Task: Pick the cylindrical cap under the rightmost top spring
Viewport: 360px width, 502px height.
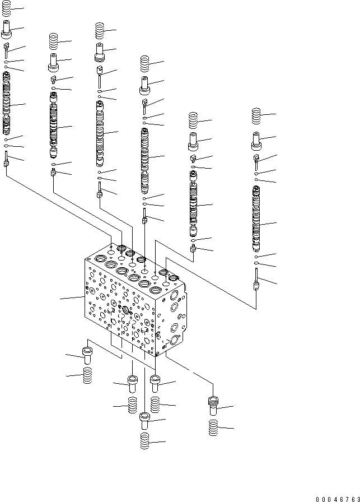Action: [x=257, y=141]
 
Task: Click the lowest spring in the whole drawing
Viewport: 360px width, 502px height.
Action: [x=145, y=440]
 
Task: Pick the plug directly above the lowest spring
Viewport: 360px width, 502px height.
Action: [x=145, y=419]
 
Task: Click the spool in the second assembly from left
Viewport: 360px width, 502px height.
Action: [x=54, y=126]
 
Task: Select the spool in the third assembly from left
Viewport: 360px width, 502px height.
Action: [x=100, y=133]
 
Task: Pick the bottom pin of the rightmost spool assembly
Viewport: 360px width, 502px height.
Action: [x=256, y=280]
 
